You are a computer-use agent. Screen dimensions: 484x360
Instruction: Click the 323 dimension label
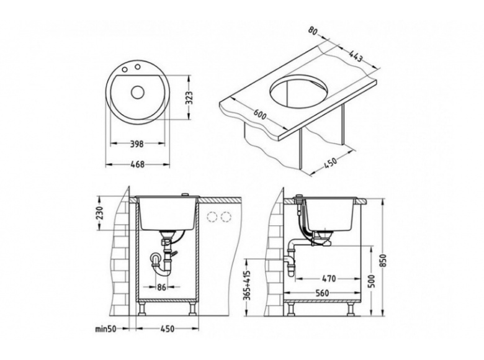click(192, 97)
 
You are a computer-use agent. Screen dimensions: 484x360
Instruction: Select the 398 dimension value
click(137, 143)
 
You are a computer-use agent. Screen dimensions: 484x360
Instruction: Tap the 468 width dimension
click(138, 164)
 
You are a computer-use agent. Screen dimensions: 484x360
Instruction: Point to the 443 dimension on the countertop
click(356, 56)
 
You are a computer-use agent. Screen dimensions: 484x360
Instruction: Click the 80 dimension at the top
click(313, 31)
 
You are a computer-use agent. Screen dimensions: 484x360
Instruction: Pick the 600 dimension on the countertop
click(259, 114)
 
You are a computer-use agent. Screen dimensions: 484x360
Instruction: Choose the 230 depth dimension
click(100, 212)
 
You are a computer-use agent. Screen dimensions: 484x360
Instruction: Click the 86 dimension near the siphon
click(161, 287)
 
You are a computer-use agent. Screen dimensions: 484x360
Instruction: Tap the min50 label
click(106, 329)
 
